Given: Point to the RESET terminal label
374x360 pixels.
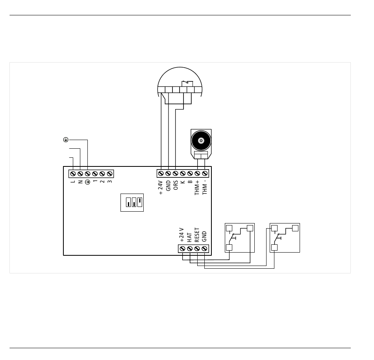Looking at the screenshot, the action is (x=197, y=235).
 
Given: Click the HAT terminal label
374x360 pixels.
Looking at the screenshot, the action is (x=190, y=237).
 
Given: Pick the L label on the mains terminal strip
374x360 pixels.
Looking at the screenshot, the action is (x=73, y=181).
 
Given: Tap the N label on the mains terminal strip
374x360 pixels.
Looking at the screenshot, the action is (x=80, y=181).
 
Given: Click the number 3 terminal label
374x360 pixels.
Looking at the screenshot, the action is (x=109, y=181).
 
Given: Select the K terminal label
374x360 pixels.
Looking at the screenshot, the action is (x=183, y=183).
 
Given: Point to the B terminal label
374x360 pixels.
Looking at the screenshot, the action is (x=190, y=183).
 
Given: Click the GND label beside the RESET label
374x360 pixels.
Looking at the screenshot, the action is (x=204, y=236).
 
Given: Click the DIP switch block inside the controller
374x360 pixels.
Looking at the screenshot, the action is (x=132, y=202).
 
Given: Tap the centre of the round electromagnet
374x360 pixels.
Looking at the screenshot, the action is (x=201, y=140).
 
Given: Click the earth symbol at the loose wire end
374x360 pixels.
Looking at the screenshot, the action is (x=66, y=140).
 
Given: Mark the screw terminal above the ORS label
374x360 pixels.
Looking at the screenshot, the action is (x=176, y=173).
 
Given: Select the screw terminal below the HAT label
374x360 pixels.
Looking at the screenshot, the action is (x=190, y=249).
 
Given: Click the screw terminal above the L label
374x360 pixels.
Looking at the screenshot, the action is (x=73, y=173).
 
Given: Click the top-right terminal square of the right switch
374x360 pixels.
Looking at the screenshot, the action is (x=295, y=228).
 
